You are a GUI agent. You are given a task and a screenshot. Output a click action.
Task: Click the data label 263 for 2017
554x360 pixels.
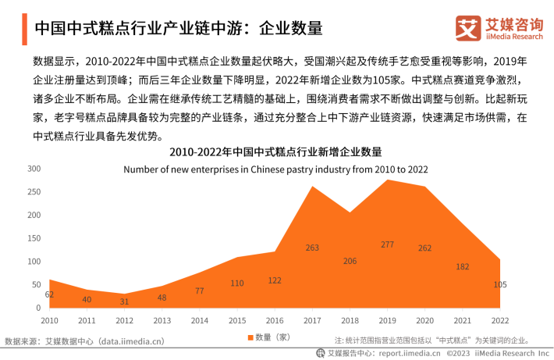click(x=312, y=248)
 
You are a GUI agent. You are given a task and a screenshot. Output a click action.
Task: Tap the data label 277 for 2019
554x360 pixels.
click(x=387, y=244)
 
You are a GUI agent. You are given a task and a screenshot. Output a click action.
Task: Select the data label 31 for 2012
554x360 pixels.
click(x=125, y=301)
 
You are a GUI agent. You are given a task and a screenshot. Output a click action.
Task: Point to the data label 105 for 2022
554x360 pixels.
click(x=500, y=284)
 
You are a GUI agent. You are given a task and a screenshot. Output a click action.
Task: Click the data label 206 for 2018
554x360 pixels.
click(x=350, y=261)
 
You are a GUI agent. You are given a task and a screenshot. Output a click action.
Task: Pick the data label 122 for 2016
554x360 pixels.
click(x=275, y=280)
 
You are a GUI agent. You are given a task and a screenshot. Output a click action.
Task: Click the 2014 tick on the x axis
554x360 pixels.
click(x=200, y=320)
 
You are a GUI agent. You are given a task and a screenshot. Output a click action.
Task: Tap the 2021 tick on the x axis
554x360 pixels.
click(x=463, y=320)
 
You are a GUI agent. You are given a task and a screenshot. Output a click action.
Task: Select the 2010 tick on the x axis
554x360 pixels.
click(x=50, y=320)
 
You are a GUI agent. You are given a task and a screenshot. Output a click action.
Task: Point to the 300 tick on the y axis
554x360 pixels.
click(x=34, y=169)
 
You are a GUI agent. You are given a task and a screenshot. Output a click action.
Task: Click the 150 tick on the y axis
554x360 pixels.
click(x=34, y=238)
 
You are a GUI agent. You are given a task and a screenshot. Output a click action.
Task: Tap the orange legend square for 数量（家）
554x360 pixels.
click(x=250, y=337)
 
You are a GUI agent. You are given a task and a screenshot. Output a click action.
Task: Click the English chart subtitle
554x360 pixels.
click(x=275, y=169)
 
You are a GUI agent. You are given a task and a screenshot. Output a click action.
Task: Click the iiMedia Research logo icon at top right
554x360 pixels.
click(x=470, y=28)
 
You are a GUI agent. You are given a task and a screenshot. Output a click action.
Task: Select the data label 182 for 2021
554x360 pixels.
click(x=463, y=266)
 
